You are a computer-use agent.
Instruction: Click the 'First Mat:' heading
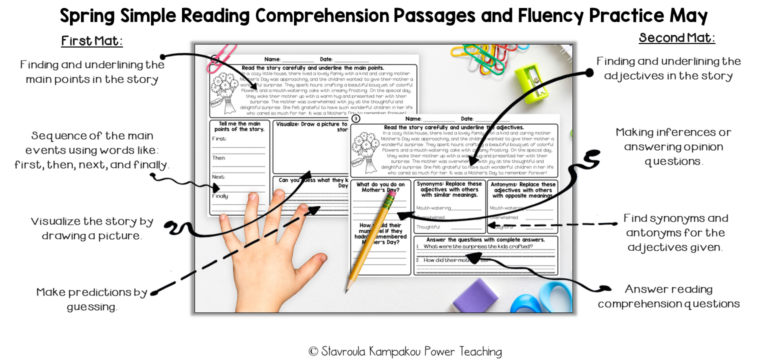pyautogui.click(x=92, y=41)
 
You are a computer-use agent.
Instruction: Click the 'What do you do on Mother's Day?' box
pyautogui.click(x=380, y=190)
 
